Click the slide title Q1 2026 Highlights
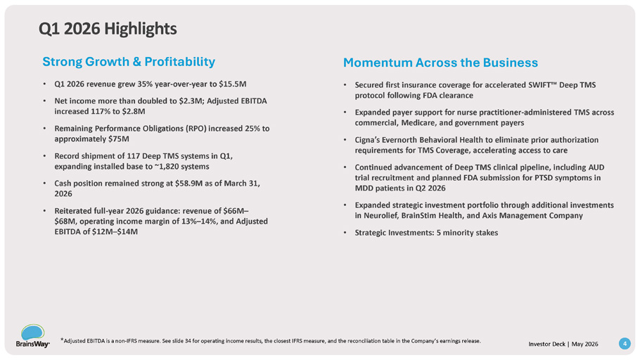[x=108, y=29]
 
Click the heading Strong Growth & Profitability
[x=129, y=62]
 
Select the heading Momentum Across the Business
[x=440, y=63]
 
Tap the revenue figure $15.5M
[x=233, y=84]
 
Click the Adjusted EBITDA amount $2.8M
[x=134, y=111]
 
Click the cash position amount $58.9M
[x=188, y=184]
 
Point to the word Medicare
[x=418, y=123]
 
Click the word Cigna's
[x=368, y=140]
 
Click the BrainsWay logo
[x=32, y=336]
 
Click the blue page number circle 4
[x=625, y=344]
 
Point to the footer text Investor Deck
[x=546, y=344]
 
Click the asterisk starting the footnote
[x=62, y=340]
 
